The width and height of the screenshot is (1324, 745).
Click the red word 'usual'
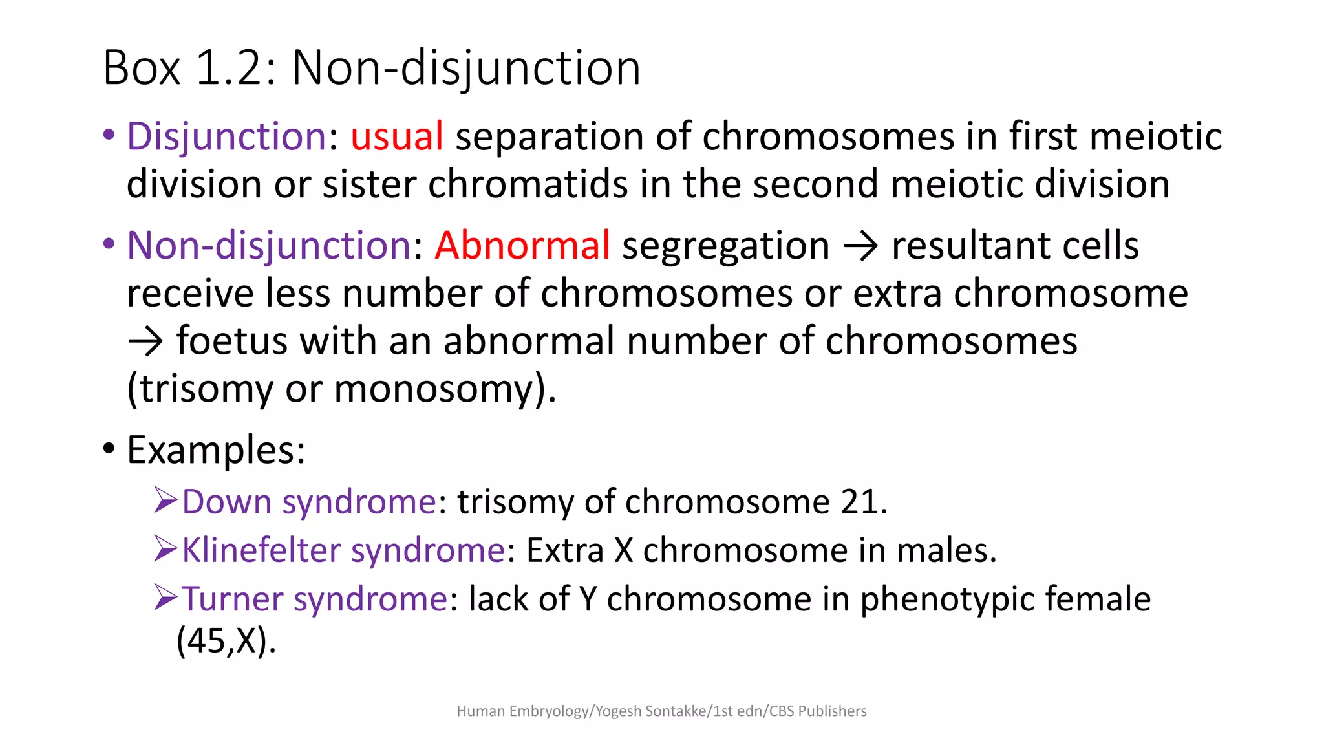tap(396, 136)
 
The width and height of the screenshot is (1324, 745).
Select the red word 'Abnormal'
tap(522, 246)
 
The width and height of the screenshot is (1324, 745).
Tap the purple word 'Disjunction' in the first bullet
tap(227, 136)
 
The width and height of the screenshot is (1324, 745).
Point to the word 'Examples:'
tap(216, 450)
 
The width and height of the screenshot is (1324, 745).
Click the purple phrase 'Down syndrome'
tap(309, 502)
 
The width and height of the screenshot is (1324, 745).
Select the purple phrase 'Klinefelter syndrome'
tap(343, 550)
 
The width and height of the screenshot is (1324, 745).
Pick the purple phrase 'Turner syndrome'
tap(315, 599)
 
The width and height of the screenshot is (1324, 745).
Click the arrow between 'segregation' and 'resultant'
tap(860, 246)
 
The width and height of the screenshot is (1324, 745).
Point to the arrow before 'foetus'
tap(145, 341)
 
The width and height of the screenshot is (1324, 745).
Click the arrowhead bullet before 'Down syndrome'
tap(165, 501)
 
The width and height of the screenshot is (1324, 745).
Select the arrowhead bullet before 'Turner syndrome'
tap(165, 598)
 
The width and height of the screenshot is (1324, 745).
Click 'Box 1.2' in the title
tap(183, 68)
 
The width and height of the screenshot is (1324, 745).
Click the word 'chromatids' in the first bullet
tap(528, 184)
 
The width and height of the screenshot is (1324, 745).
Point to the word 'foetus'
tap(232, 341)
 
